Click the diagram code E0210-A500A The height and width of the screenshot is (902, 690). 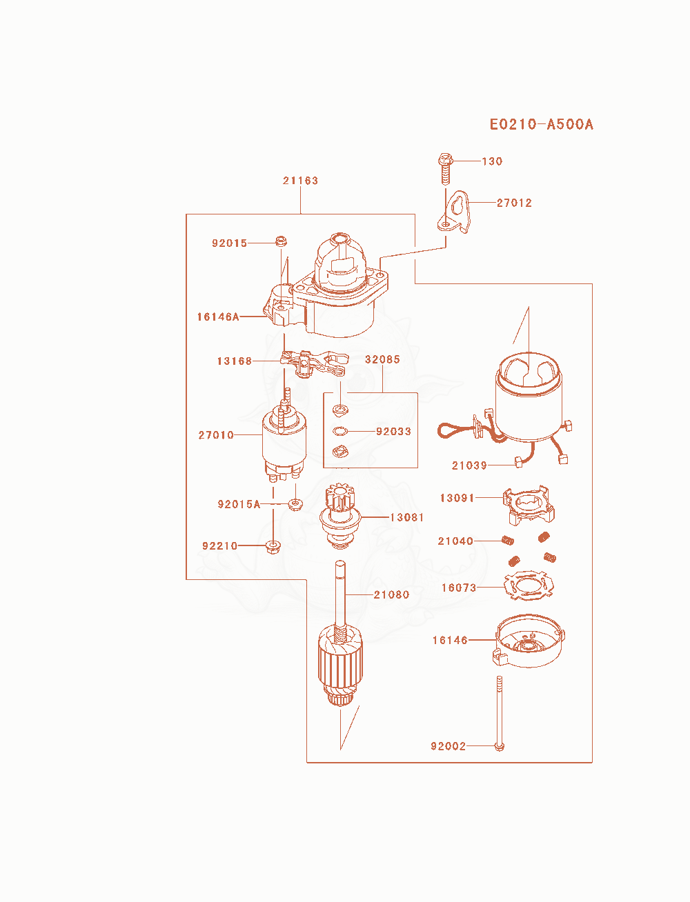(x=541, y=124)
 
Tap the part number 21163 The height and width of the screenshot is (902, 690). (x=300, y=181)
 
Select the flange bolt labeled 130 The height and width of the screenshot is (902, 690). (x=445, y=168)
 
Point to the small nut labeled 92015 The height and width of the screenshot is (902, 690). (x=281, y=241)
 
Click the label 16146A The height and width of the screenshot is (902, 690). (x=218, y=317)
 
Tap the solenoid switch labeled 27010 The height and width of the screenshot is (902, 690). (x=284, y=443)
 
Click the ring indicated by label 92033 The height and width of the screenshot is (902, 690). (x=340, y=431)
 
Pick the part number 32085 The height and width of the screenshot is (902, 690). (x=382, y=359)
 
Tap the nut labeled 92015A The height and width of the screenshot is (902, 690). (x=295, y=504)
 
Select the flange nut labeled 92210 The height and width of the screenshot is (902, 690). (x=273, y=547)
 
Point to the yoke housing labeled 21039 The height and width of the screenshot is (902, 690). (x=529, y=399)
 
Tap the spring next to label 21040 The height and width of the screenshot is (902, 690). (x=508, y=541)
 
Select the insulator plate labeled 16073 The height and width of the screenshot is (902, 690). (x=529, y=585)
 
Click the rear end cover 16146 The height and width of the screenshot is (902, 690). (x=529, y=641)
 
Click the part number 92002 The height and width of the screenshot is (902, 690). (x=448, y=746)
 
